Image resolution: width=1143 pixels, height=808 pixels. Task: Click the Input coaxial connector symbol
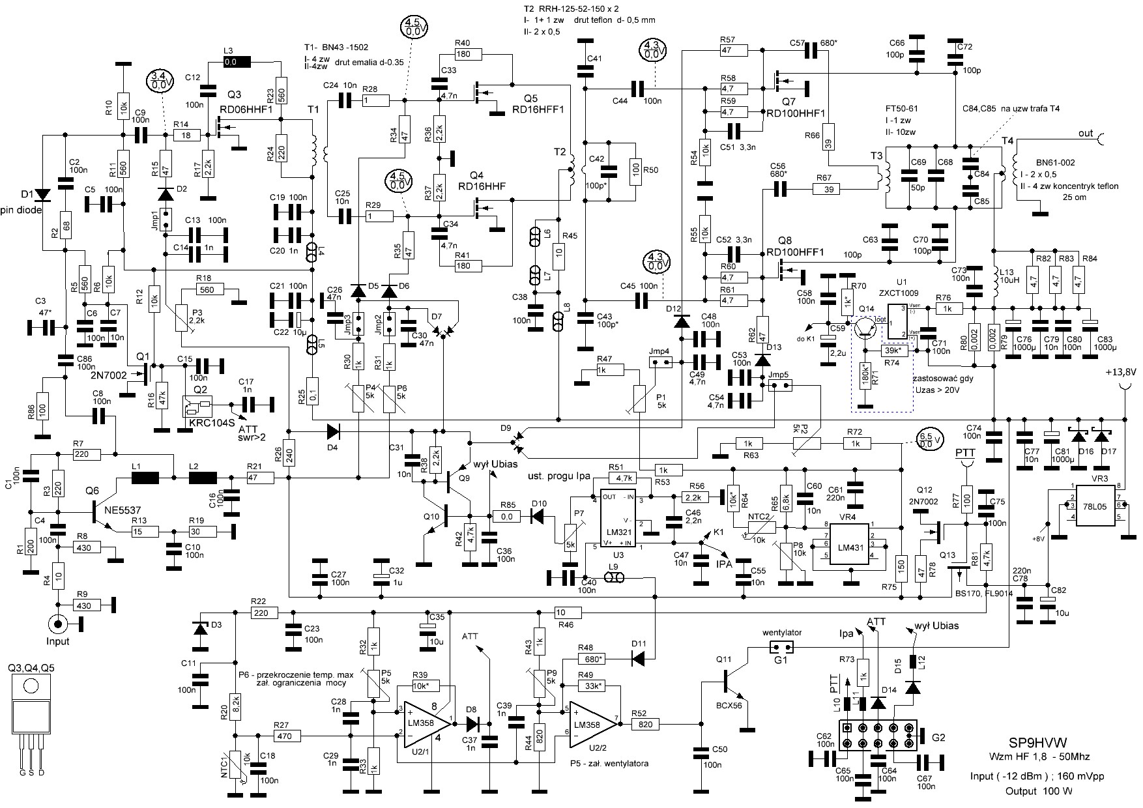tap(59, 624)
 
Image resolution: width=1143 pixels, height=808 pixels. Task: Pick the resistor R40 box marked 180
tap(463, 54)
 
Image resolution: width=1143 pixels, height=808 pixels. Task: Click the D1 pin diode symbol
tap(44, 194)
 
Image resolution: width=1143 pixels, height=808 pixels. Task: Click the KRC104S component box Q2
tap(199, 409)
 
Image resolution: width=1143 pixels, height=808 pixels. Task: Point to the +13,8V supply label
tap(1120, 372)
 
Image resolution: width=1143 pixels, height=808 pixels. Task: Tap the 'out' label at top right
tap(1085, 134)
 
